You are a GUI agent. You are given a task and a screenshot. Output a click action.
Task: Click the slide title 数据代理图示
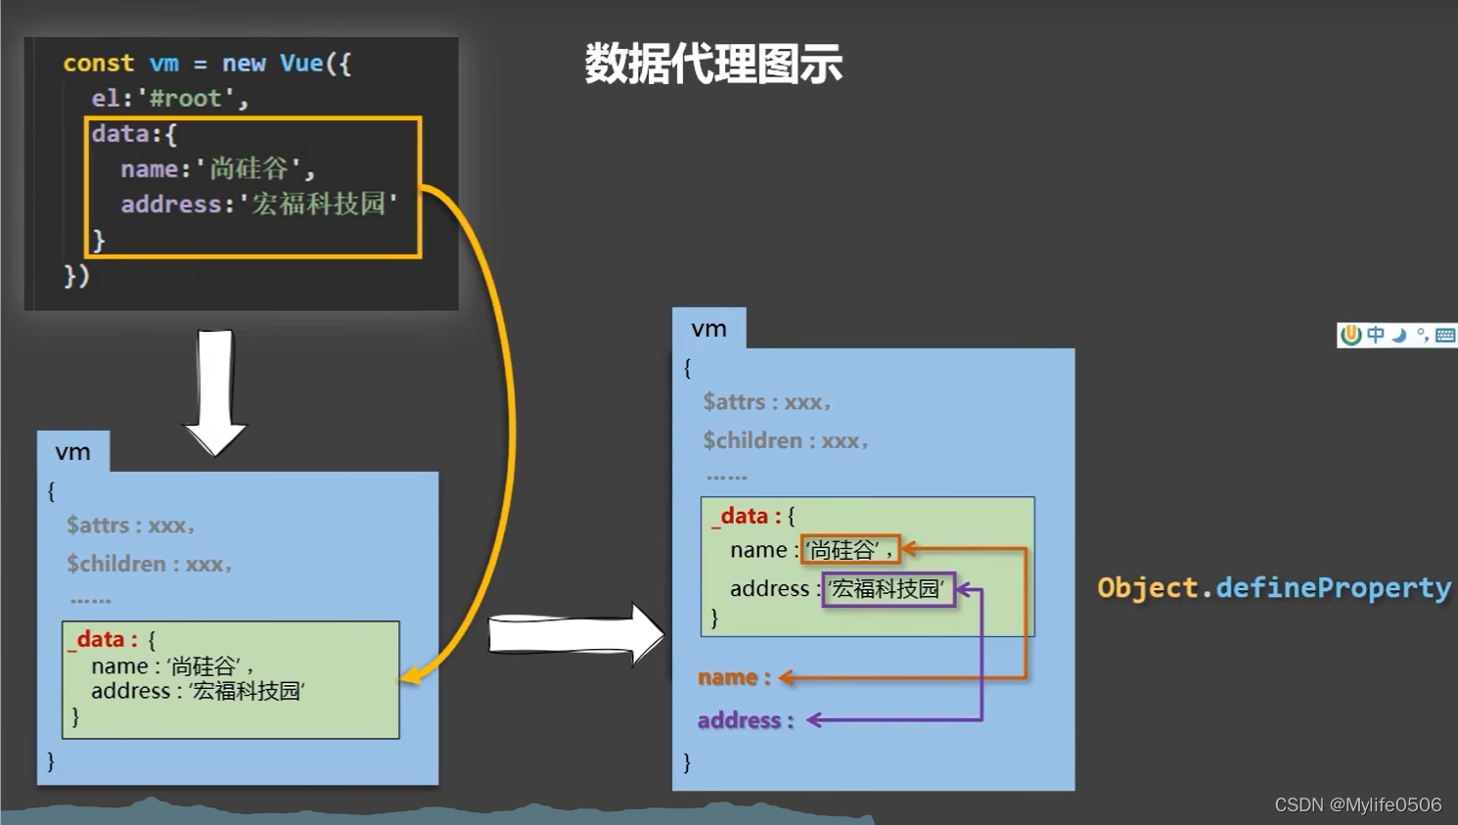coord(713,65)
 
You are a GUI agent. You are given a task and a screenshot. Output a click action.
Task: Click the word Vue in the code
coord(301,64)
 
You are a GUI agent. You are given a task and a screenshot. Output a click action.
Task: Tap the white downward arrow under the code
coord(215,391)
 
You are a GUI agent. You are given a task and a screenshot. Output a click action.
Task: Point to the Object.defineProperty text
coord(1273,587)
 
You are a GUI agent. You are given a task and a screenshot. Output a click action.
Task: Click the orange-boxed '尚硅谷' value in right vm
coord(848,550)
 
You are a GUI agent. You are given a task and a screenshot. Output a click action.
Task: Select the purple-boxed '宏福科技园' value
coord(888,589)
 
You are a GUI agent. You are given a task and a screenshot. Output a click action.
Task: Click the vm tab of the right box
coord(708,329)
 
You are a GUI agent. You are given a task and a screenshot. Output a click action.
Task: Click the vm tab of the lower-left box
coord(72,452)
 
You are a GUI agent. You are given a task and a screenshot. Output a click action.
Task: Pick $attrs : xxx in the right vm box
coord(766,402)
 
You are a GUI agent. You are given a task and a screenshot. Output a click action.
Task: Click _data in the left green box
coord(102,640)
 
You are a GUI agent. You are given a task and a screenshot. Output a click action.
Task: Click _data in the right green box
coord(745,517)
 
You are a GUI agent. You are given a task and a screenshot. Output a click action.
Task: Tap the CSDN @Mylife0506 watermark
coord(1357,804)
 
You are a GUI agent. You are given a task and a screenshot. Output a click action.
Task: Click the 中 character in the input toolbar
coord(1376,335)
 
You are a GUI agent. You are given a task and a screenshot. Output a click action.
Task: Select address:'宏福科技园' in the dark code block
coord(258,205)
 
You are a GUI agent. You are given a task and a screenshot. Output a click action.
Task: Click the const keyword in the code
coord(98,64)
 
